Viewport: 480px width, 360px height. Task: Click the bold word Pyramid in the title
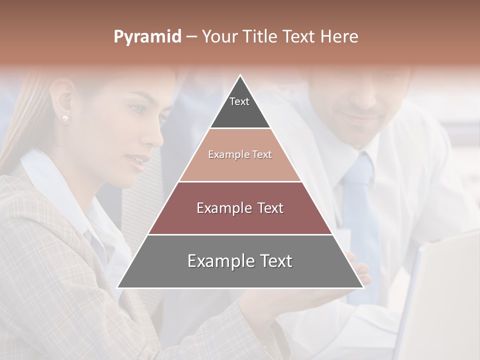coord(147,37)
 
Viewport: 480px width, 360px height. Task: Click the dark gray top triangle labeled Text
coord(240,107)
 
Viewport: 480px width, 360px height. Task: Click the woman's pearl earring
coord(65,118)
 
